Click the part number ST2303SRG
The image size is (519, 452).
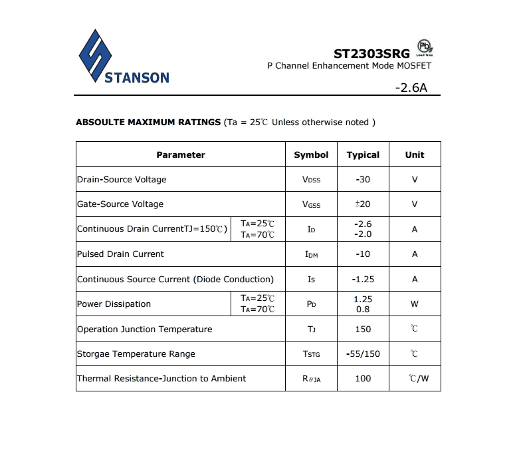372,53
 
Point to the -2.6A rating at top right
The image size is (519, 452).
411,87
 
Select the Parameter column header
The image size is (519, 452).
181,154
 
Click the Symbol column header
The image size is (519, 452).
311,154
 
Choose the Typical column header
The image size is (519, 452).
363,154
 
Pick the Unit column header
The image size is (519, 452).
415,154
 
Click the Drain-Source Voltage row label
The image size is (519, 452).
122,180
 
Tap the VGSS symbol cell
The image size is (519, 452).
311,204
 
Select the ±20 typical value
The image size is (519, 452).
363,204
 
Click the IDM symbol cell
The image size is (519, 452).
311,254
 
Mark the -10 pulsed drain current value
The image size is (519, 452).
363,254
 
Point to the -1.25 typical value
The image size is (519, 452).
363,280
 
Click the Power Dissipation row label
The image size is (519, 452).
114,304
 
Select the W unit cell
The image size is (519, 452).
415,304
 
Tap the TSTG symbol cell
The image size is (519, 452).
311,354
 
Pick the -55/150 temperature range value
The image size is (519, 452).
363,354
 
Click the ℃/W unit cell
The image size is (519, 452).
419,379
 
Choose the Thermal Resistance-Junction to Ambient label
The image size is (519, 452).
161,379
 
